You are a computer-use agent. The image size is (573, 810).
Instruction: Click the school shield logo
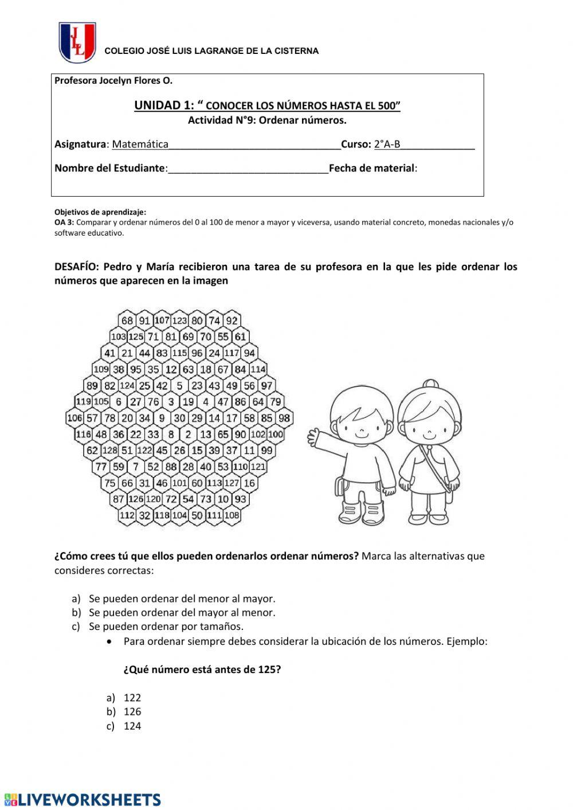click(77, 42)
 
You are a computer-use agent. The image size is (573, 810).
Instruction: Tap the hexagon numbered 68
click(127, 320)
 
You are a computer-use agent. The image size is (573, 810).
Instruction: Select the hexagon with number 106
click(74, 418)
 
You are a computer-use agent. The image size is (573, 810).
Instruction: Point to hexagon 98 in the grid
click(284, 418)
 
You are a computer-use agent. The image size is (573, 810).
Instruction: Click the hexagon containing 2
click(188, 435)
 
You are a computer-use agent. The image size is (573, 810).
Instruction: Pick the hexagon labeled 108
click(231, 515)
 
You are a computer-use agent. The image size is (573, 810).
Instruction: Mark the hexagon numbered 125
click(136, 336)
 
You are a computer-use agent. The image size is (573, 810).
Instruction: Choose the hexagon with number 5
click(179, 386)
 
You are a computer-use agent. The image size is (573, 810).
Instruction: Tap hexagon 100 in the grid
click(276, 435)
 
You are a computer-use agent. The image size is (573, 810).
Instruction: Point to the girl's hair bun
click(430, 384)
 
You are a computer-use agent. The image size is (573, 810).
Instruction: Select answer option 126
click(132, 711)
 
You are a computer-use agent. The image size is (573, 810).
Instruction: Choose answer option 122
click(132, 698)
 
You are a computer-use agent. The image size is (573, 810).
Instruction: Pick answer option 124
click(132, 726)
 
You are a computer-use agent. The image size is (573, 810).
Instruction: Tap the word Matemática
click(140, 144)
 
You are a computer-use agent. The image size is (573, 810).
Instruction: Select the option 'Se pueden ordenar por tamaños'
click(166, 627)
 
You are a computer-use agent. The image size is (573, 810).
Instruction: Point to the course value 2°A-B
click(387, 144)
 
